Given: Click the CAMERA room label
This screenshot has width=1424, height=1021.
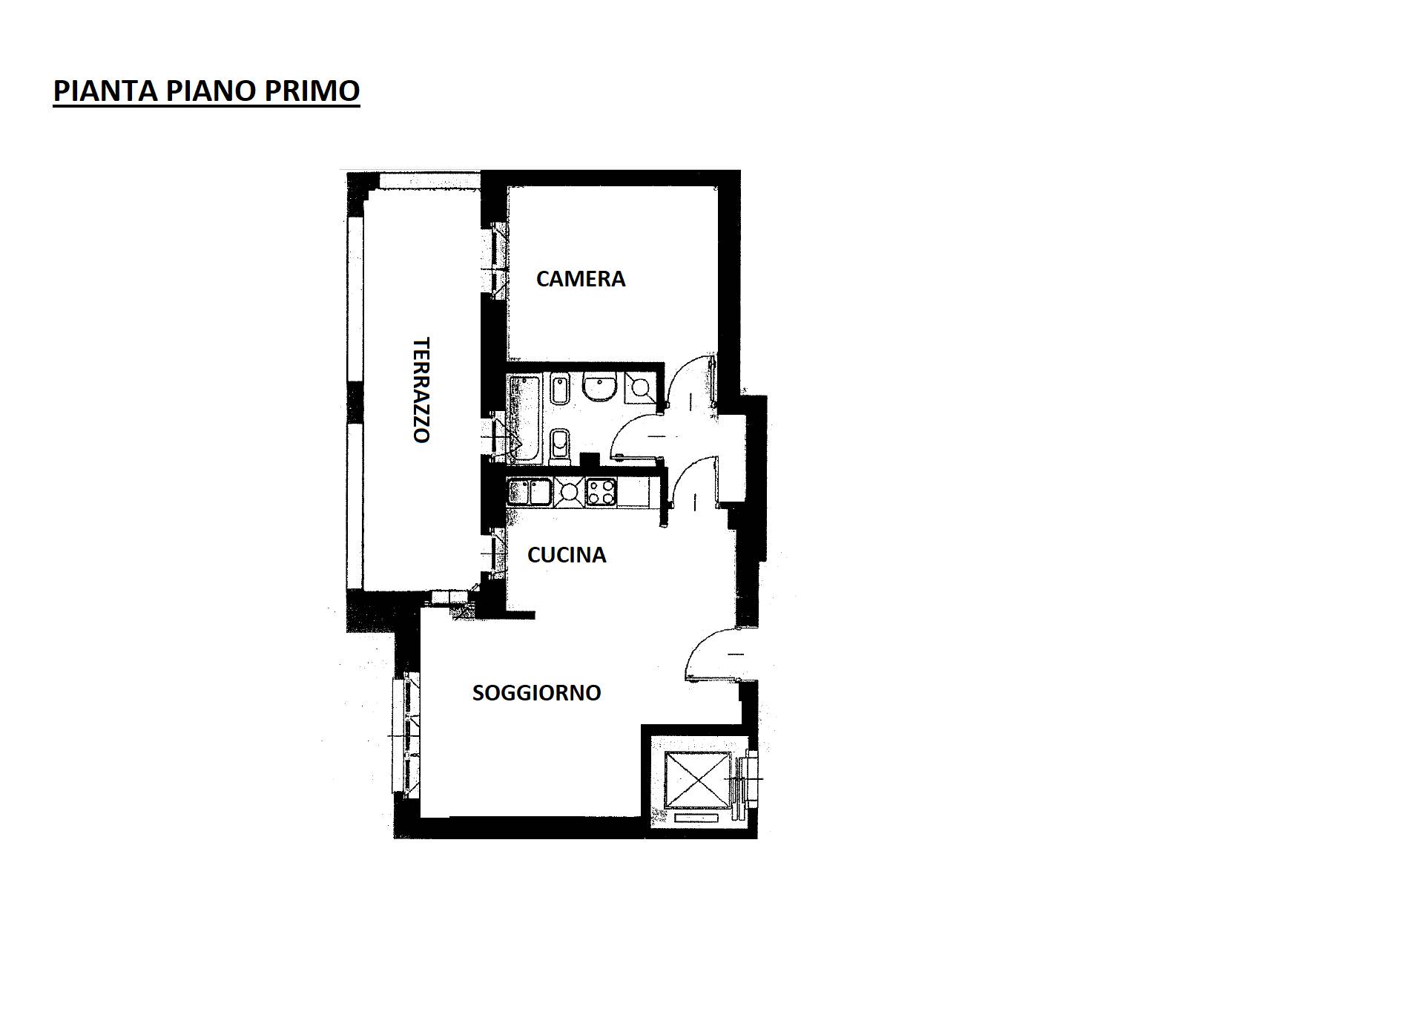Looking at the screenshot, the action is [581, 279].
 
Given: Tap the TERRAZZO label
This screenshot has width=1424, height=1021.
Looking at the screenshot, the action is [421, 390].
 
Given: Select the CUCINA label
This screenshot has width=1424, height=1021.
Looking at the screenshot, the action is [567, 555].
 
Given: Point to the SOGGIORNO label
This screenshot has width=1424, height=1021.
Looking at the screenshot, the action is [536, 692].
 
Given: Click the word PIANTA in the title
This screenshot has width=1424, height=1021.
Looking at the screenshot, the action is [106, 91].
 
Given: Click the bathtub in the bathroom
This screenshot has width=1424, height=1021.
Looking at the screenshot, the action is [524, 419].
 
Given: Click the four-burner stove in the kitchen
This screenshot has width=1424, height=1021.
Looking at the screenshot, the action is [601, 490].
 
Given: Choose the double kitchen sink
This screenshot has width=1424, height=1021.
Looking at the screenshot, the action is [530, 491].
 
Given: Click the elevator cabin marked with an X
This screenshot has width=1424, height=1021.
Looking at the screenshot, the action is [693, 781].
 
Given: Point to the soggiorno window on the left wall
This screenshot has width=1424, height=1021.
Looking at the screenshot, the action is [407, 735].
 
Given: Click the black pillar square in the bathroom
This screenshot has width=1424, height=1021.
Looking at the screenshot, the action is [590, 459].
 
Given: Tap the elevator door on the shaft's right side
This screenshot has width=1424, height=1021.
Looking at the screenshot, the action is [751, 779].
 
